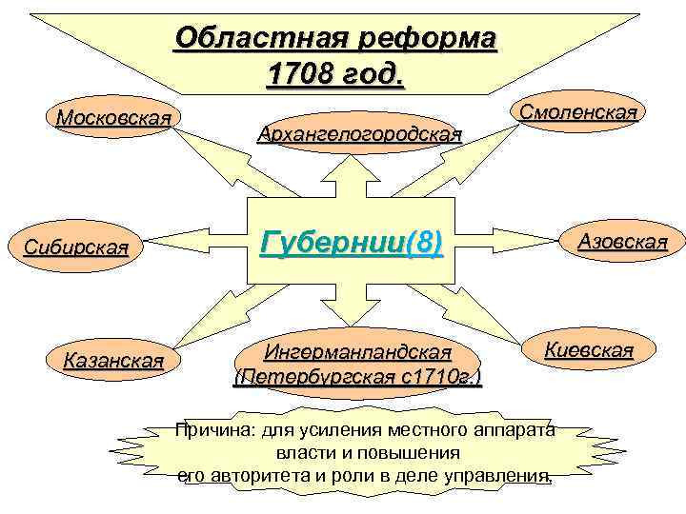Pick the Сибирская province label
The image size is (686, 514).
pyautogui.click(x=75, y=249)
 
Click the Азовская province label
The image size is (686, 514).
pyautogui.click(x=622, y=242)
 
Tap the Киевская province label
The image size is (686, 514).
pyautogui.click(x=588, y=349)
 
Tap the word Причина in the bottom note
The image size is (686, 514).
pyautogui.click(x=212, y=431)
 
